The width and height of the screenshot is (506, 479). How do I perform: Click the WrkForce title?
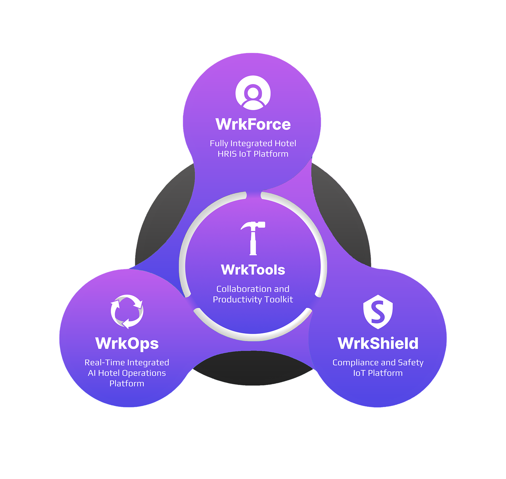pos(253,125)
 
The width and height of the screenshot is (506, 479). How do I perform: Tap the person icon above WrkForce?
pos(253,93)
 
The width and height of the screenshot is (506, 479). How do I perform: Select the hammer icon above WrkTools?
pos(253,238)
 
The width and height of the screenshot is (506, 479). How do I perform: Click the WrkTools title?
pos(253,270)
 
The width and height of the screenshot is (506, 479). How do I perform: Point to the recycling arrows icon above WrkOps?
pos(127,311)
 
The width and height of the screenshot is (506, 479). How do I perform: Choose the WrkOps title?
pos(127,343)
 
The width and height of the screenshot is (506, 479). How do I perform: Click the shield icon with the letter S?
pos(378,312)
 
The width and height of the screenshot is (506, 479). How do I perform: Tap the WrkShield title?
pos(378,343)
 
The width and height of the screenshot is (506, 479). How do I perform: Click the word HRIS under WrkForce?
pos(227,154)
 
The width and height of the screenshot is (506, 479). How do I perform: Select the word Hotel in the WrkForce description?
pos(285,143)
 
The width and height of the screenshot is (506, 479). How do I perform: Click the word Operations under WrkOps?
pos(146,373)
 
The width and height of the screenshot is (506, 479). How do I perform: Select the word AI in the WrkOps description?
pos(92,373)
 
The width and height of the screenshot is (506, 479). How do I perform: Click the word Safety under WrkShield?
pos(410,362)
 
